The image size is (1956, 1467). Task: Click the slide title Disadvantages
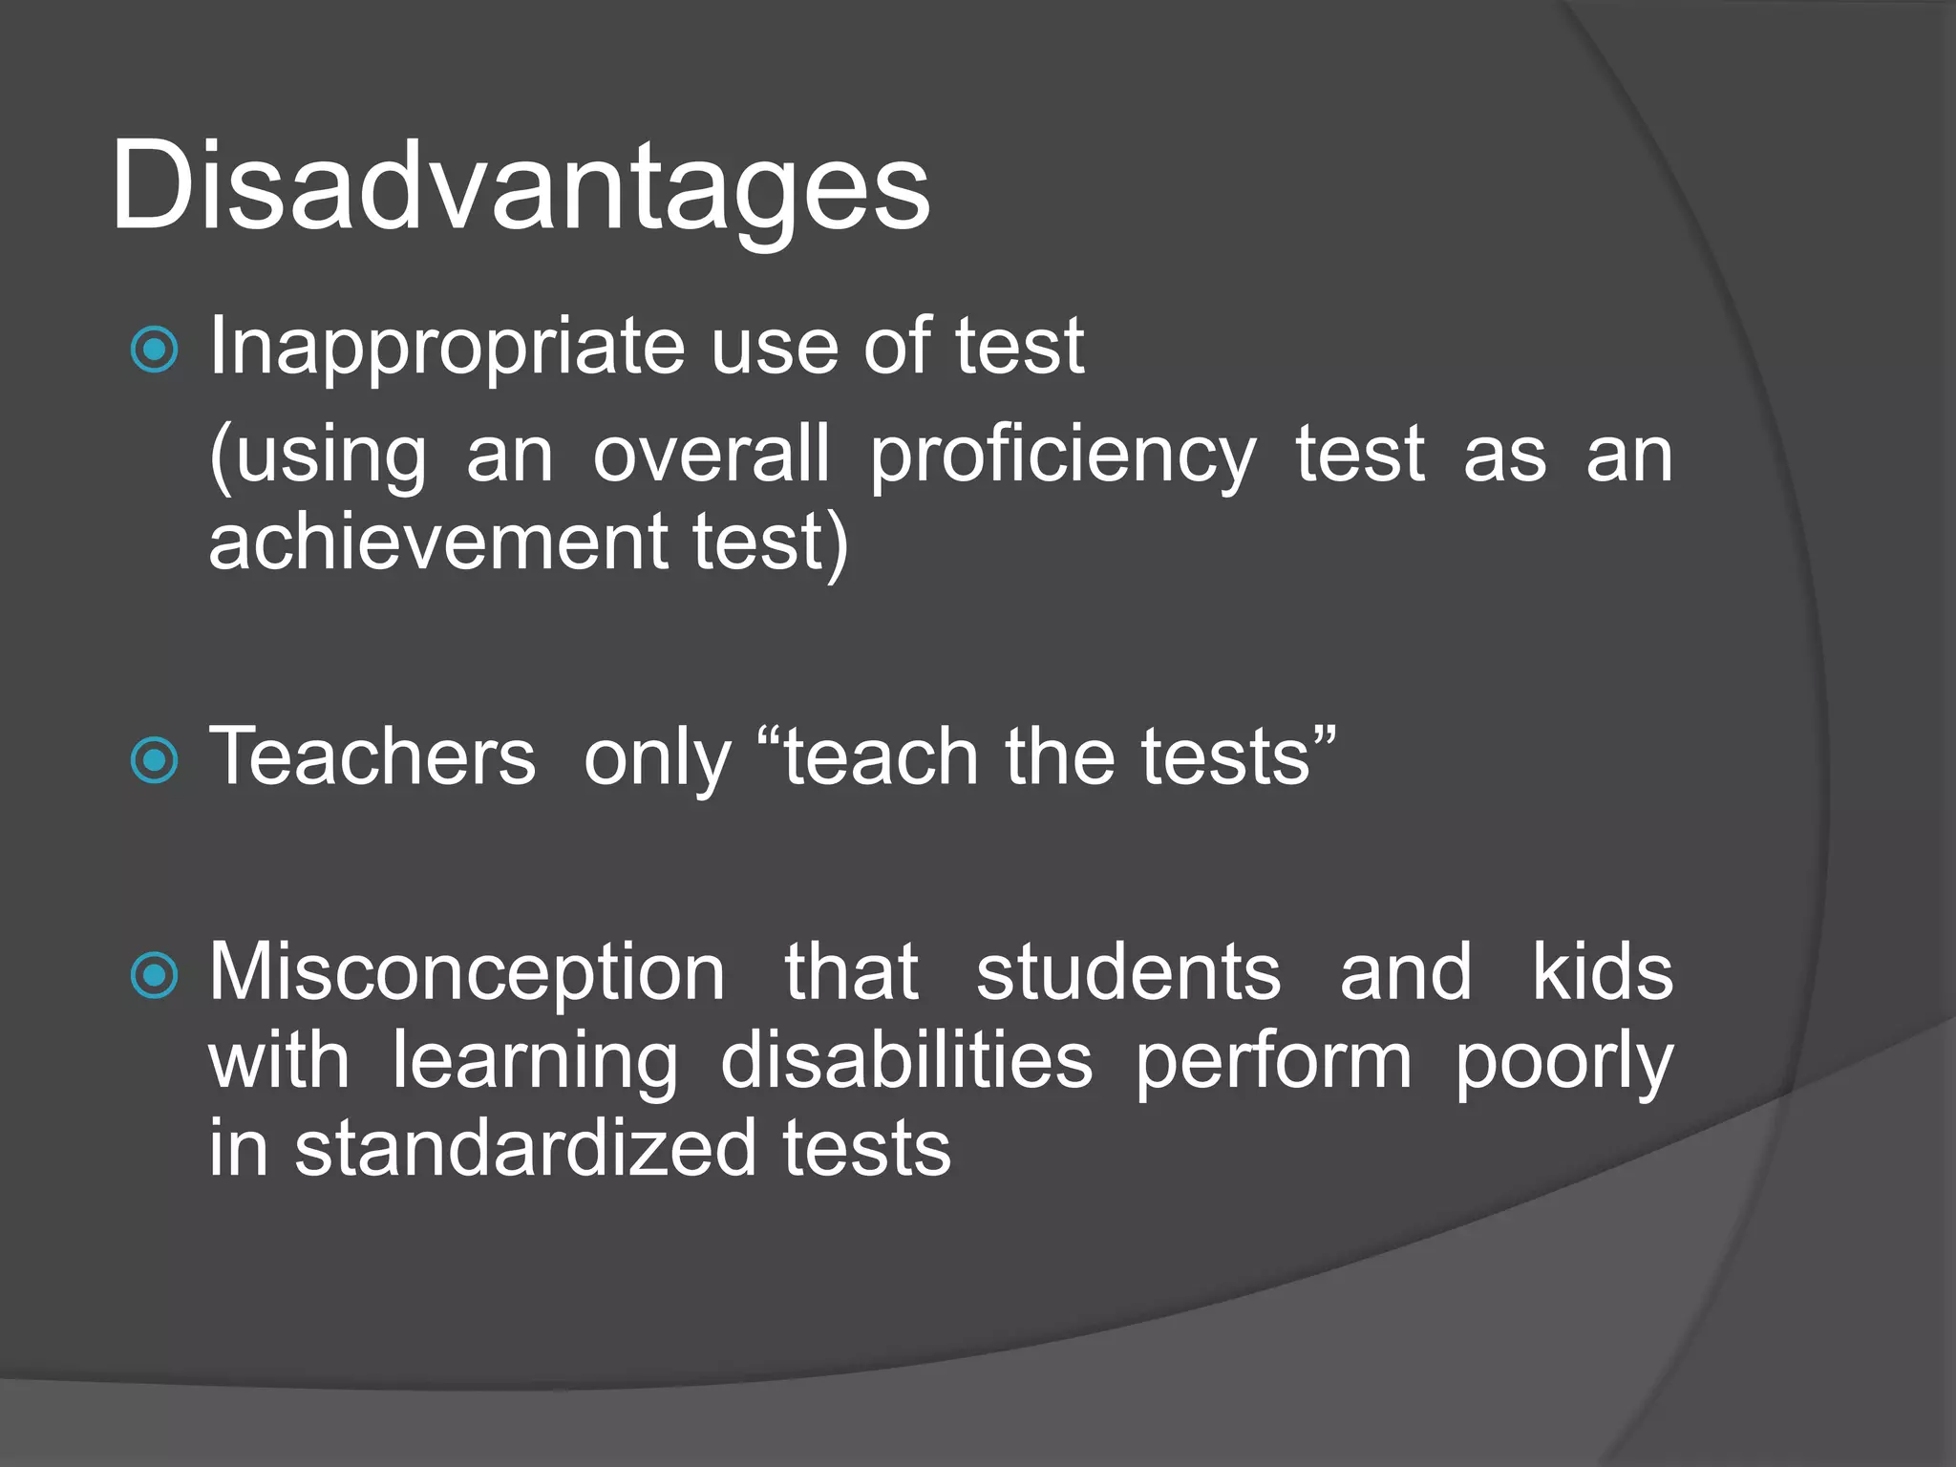(521, 186)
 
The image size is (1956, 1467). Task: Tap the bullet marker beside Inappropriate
(154, 349)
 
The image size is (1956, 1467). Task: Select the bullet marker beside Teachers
(154, 760)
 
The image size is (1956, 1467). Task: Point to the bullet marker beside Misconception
(154, 975)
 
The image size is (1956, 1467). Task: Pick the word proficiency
(1062, 457)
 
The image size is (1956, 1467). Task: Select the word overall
(711, 455)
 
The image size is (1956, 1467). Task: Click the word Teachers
(372, 756)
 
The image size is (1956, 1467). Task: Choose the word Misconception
(467, 973)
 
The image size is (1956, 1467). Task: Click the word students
(1128, 973)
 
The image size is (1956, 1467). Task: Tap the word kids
(1602, 973)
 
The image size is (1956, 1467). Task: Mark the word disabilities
(906, 1060)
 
